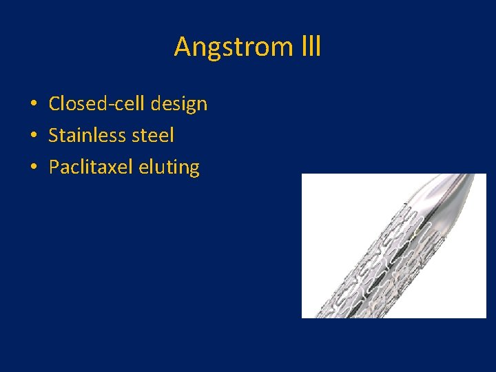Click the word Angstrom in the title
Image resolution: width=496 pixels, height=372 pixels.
[x=231, y=48]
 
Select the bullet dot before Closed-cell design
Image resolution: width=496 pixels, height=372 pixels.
[x=33, y=105]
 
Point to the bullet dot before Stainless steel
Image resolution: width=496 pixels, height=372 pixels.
[x=33, y=136]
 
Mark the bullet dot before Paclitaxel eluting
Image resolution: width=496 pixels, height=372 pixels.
[x=33, y=168]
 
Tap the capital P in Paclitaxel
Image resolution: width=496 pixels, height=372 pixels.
[x=54, y=167]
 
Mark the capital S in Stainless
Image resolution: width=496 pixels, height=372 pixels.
[x=54, y=136]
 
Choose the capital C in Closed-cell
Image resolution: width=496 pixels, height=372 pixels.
[x=54, y=104]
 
